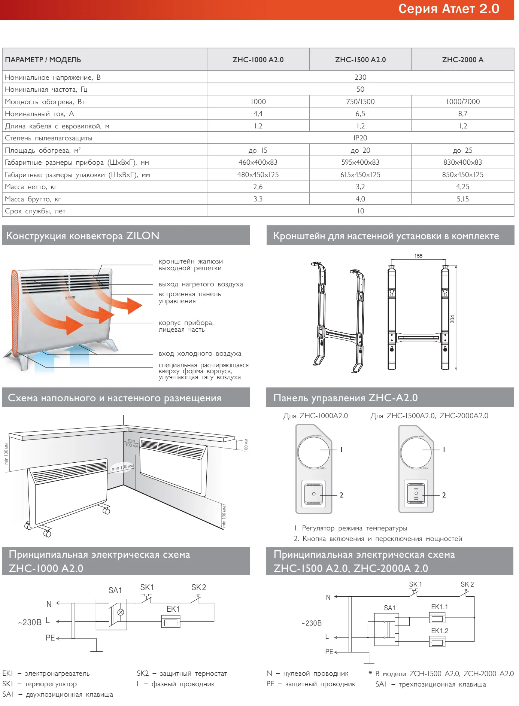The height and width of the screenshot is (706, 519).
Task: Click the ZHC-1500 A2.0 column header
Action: click(360, 60)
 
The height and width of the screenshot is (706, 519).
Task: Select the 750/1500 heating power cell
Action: click(360, 101)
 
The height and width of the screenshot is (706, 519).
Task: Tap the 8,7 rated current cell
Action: click(462, 113)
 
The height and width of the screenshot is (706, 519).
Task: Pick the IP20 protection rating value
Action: click(360, 138)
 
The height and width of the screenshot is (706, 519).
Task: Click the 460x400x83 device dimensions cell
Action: click(258, 162)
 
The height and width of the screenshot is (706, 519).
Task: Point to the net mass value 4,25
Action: click(462, 186)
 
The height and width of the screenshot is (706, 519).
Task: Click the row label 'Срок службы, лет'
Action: click(35, 211)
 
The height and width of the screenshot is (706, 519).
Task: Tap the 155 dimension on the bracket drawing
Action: click(418, 256)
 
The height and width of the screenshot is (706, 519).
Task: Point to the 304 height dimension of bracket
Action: click(452, 319)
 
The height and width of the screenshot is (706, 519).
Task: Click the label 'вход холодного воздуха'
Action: click(200, 353)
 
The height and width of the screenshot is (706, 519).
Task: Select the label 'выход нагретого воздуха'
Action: click(201, 284)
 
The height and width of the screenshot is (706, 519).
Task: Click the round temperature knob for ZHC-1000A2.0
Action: click(314, 452)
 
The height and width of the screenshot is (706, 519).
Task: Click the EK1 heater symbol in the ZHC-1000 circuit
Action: click(171, 623)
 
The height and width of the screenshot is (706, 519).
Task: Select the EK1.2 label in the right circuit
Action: click(440, 631)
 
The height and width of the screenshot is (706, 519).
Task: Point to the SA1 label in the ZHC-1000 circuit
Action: click(115, 590)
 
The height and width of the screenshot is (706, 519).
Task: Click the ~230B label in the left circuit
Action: click(30, 622)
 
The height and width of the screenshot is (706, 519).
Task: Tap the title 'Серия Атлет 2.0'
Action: click(449, 9)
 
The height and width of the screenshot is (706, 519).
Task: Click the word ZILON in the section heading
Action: click(143, 235)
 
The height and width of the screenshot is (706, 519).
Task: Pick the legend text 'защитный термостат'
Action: click(193, 673)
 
